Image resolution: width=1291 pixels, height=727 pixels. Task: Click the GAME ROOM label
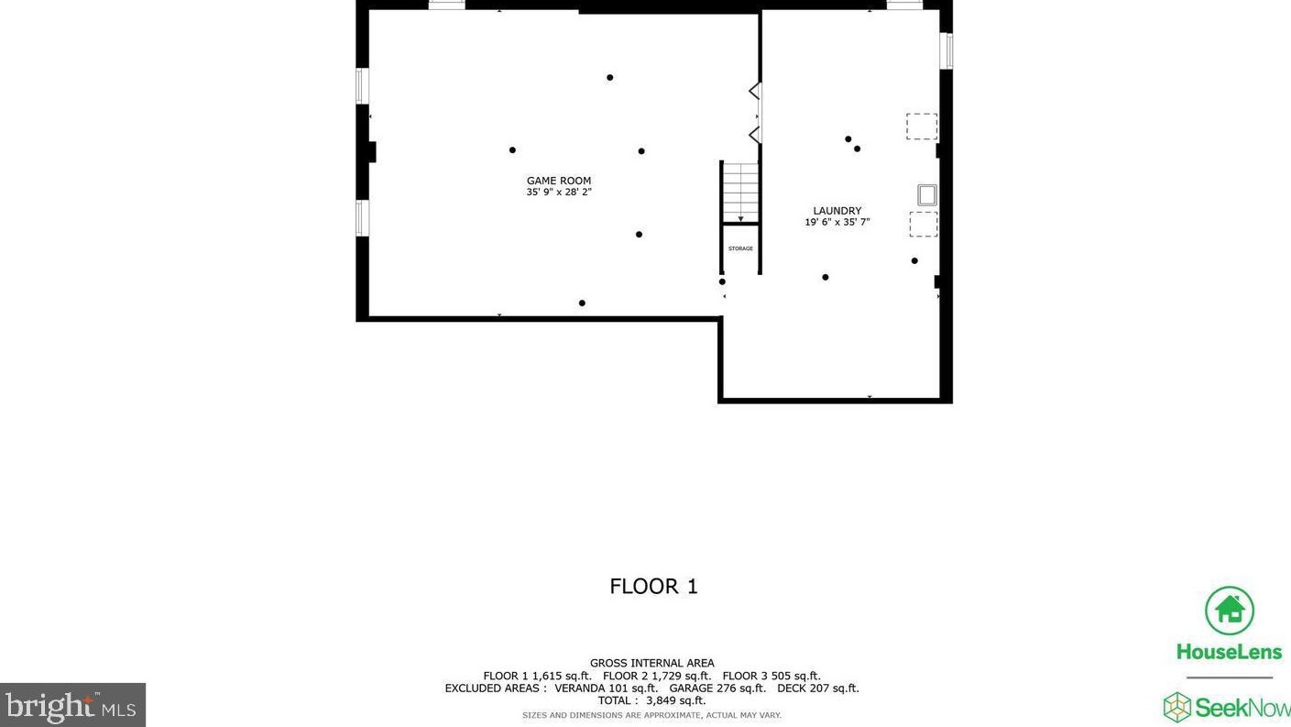coord(559,181)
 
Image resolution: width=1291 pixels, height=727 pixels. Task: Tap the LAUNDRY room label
coord(837,211)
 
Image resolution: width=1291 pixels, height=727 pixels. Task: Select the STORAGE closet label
coord(740,248)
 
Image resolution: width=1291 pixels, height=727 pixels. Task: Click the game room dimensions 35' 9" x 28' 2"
coord(559,192)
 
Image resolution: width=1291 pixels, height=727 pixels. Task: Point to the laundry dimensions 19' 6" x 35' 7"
coord(837,222)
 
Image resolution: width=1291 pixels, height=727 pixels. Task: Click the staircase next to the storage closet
coord(740,192)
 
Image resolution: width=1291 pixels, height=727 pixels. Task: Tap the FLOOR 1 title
coord(653,587)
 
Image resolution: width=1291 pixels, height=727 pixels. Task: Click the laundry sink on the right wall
coord(926,195)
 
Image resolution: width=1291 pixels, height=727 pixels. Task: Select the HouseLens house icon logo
coord(1230,611)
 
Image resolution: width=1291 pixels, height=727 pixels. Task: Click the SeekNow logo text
coord(1242,708)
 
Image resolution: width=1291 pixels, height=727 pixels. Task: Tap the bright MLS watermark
coord(72,705)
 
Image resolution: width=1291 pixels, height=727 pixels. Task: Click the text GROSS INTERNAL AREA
coord(651,663)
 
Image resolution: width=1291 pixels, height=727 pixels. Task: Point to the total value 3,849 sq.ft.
coord(675,700)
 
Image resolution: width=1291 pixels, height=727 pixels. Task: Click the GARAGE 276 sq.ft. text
coord(717,688)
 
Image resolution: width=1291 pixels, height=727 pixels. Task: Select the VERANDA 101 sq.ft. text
coord(606,688)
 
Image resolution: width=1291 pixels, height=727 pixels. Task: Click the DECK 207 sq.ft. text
coord(818,688)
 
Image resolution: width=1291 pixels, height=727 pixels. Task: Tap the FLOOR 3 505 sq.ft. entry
coord(771,676)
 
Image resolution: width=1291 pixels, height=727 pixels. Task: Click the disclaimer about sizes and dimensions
coord(651,715)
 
